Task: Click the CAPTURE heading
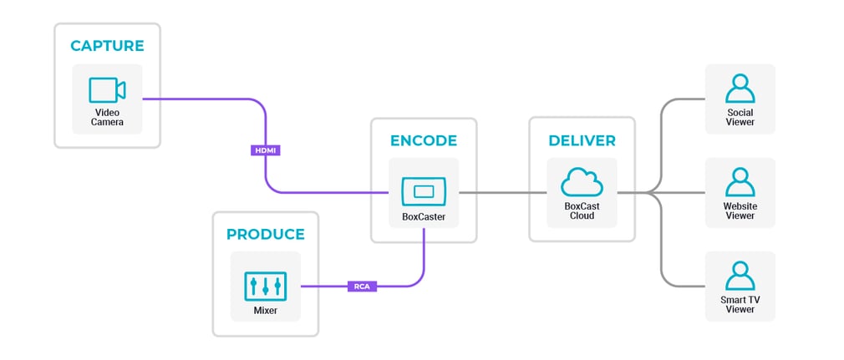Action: tap(107, 45)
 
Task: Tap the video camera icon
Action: tap(107, 90)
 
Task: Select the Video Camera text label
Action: tap(107, 117)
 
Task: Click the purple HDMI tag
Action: tap(265, 150)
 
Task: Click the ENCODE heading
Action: tap(424, 139)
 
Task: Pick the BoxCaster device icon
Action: tap(424, 191)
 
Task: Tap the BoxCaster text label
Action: tap(424, 215)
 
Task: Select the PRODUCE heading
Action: tap(265, 234)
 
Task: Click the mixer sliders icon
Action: tap(265, 286)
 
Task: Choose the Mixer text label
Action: tap(265, 310)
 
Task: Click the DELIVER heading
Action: tap(582, 139)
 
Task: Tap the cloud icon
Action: tap(582, 183)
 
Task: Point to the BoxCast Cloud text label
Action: tap(582, 210)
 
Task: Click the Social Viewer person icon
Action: tap(740, 88)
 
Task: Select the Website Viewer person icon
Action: tap(740, 181)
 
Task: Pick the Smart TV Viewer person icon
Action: tap(740, 275)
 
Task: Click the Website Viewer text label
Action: tap(740, 210)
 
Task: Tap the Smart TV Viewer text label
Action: tap(740, 304)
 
